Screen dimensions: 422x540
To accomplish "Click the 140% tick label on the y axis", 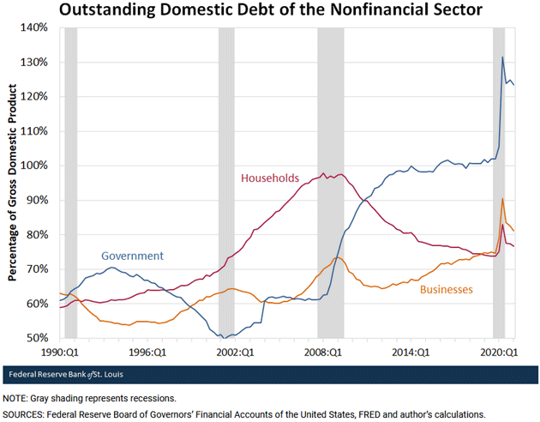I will tap(33, 27).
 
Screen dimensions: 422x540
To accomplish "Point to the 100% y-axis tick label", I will tap(33, 166).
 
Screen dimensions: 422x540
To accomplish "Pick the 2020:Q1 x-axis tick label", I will tap(502, 352).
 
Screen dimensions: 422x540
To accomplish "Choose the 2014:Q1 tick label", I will tap(413, 352).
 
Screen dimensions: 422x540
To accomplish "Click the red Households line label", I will tap(270, 178).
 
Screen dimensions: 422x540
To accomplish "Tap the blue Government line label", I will tap(132, 256).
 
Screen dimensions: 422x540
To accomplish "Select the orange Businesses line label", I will tap(446, 290).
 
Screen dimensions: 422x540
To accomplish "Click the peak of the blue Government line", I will tap(502, 57).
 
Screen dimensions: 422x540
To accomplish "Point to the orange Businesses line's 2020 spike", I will tap(502, 199).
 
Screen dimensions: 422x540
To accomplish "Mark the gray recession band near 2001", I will tap(226, 180).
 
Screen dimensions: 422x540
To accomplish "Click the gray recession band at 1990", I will tap(70, 180).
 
